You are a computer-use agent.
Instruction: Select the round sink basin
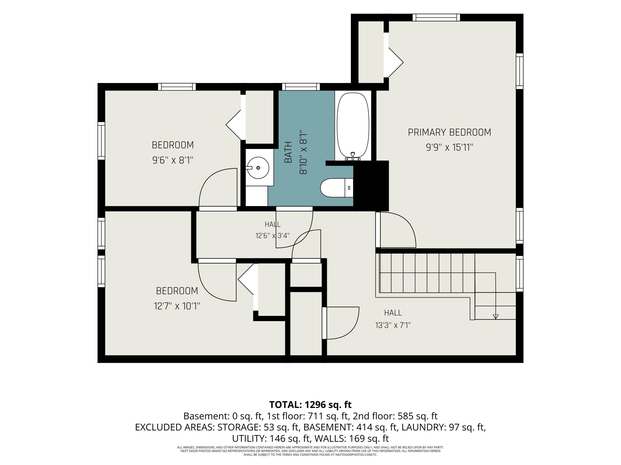pos(258,168)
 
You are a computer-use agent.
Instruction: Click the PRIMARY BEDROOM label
pos(449,132)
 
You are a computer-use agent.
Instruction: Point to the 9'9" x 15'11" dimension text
pos(449,147)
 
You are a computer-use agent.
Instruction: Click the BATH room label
pos(288,152)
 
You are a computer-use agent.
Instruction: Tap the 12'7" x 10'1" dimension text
pos(177,306)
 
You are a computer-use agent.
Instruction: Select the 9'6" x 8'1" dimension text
pos(173,160)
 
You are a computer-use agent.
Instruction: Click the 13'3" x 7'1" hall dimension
pos(393,325)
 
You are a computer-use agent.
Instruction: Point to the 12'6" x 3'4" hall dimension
pos(272,235)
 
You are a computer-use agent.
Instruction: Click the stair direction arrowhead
pos(496,316)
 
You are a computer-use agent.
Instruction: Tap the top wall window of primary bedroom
pos(436,17)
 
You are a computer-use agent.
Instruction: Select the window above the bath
pos(301,87)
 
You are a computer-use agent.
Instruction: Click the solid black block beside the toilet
pos(371,186)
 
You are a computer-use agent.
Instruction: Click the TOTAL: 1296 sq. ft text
pos(310,405)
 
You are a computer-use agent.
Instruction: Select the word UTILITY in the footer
pos(248,438)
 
